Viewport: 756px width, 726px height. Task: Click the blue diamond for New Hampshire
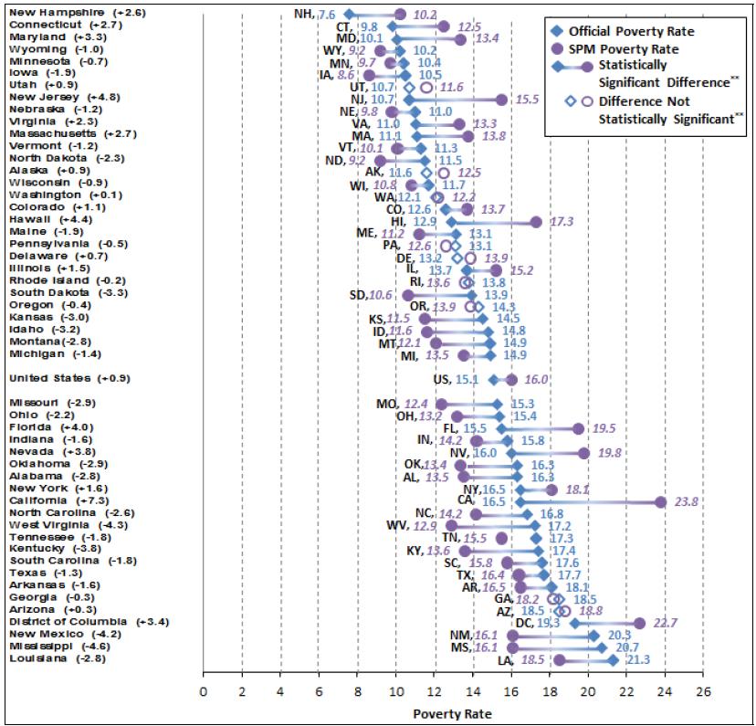click(x=349, y=15)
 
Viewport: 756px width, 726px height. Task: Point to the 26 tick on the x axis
click(x=702, y=691)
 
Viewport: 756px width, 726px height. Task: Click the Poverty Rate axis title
click(x=452, y=712)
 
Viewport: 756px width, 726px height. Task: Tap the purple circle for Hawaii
click(x=536, y=222)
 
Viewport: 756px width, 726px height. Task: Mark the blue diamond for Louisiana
click(x=613, y=659)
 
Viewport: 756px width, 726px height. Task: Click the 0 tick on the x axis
click(x=203, y=691)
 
